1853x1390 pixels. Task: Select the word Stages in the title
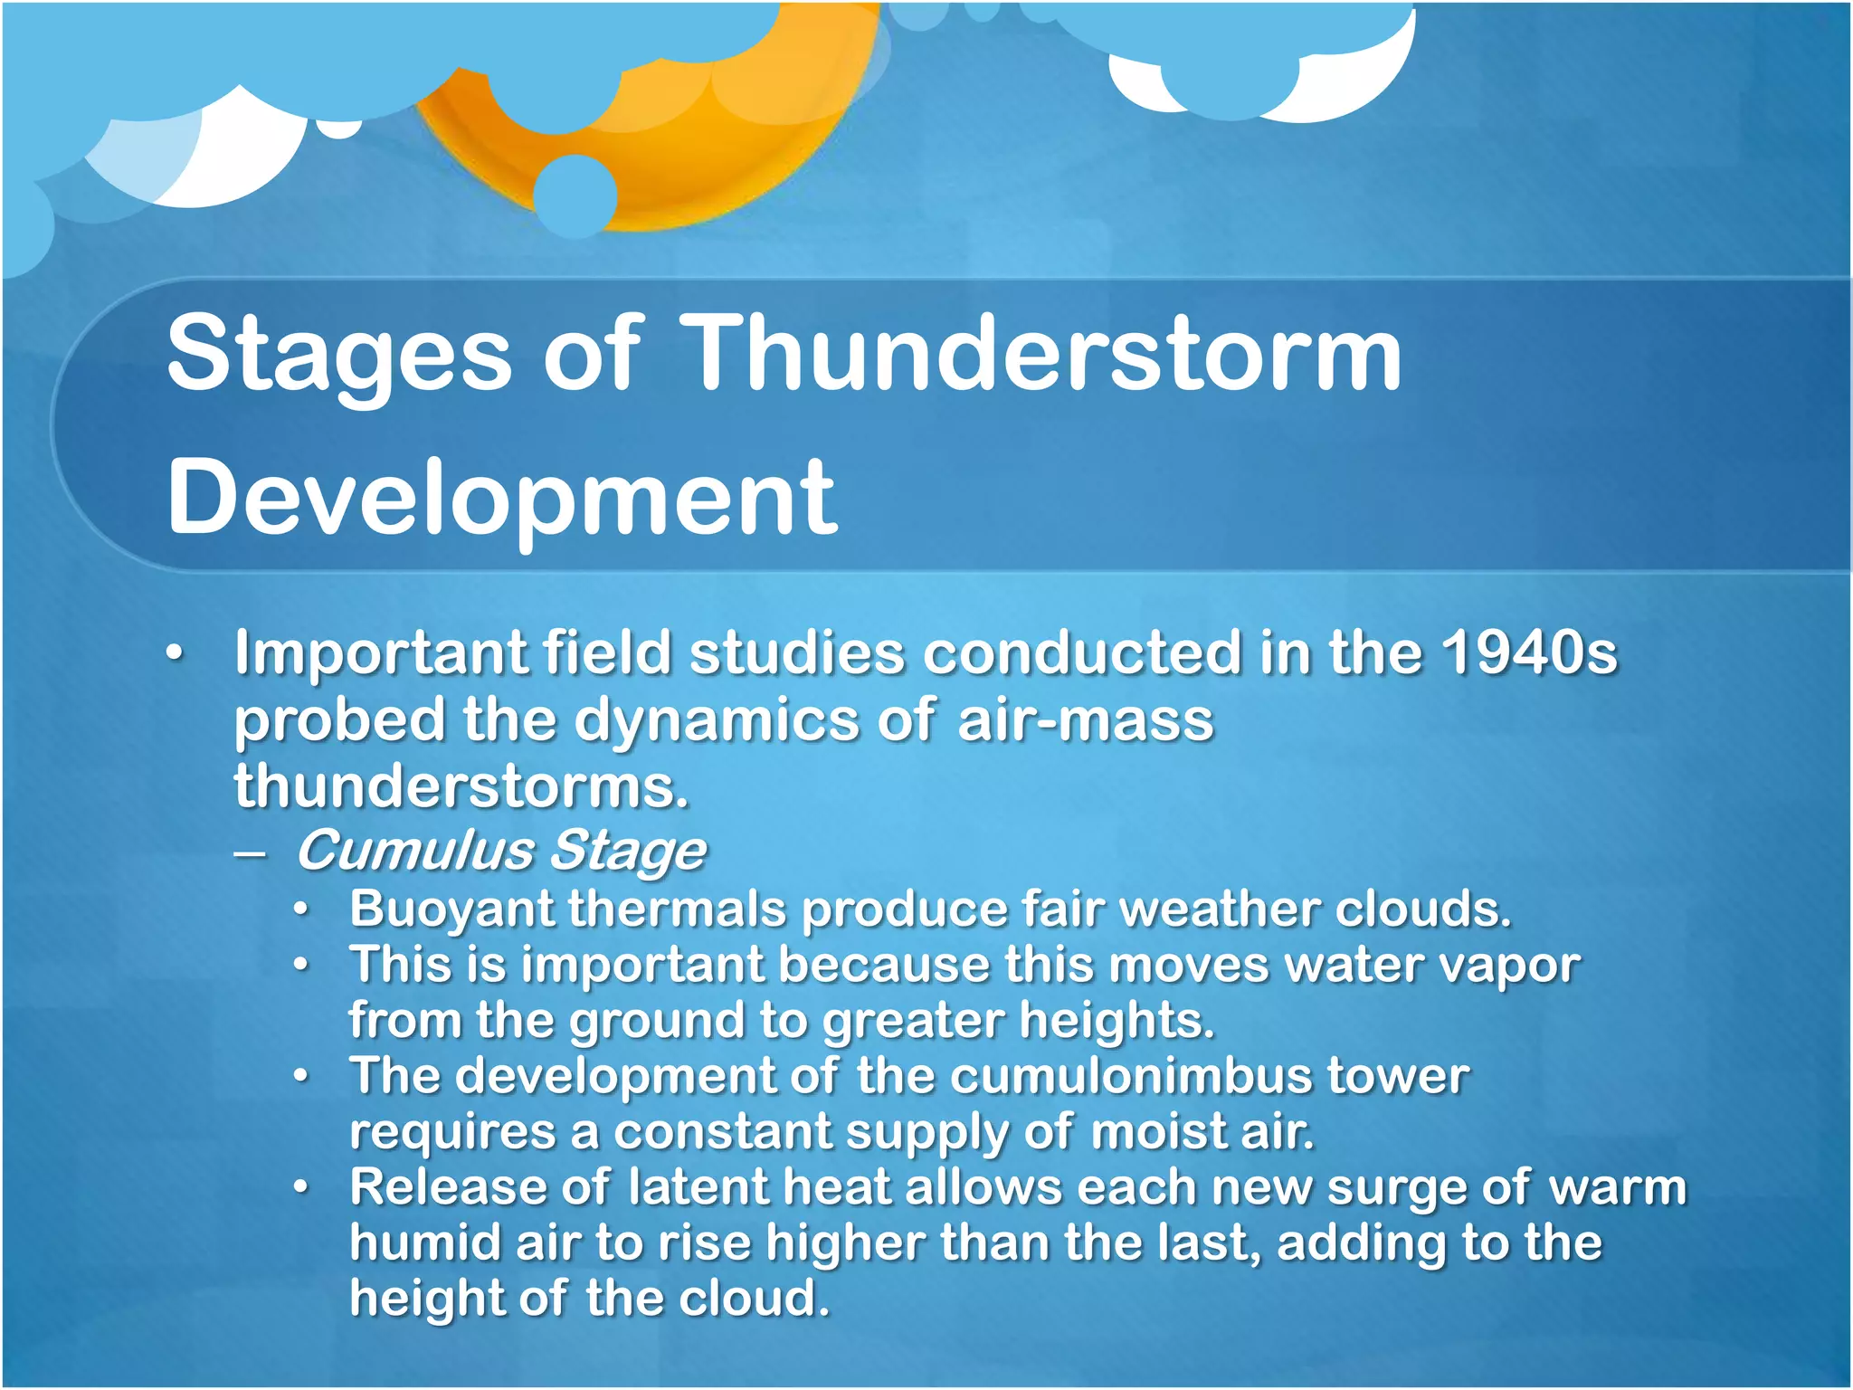[339, 355]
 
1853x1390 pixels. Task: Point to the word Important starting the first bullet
[380, 653]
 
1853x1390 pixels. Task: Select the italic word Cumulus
[416, 851]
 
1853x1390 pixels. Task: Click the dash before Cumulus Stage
[249, 853]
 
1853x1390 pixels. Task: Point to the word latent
[697, 1187]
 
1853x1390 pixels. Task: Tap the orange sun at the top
[724, 136]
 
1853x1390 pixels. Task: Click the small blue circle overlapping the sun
[575, 195]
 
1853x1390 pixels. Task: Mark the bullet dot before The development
[301, 1077]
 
